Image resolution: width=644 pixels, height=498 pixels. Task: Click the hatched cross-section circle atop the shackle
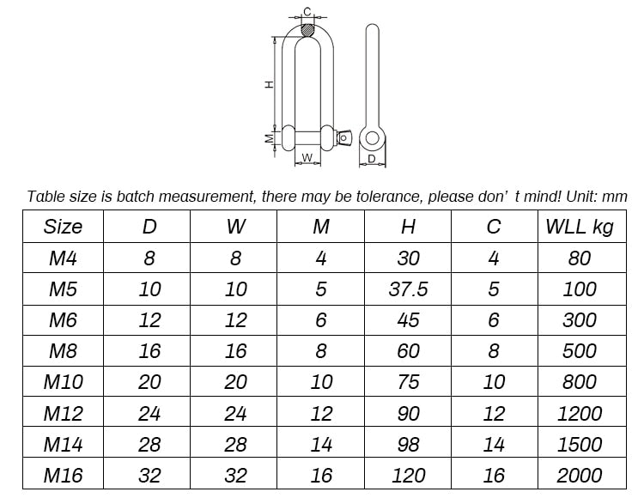307,31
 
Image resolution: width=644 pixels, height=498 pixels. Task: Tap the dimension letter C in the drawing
307,11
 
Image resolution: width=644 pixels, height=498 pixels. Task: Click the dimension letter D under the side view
372,159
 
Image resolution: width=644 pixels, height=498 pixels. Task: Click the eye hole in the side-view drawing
372,137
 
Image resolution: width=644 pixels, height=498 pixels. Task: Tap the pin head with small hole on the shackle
344,137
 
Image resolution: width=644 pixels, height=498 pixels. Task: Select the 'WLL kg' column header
580,227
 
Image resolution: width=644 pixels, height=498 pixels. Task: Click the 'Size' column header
63,227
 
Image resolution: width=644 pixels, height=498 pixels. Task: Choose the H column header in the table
408,227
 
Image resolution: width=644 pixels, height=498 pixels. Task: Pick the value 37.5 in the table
408,289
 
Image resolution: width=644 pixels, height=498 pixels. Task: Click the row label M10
63,382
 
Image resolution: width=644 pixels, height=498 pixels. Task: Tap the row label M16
63,475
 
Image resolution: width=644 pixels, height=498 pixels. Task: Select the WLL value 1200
580,413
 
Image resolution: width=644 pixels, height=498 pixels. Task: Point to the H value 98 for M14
408,444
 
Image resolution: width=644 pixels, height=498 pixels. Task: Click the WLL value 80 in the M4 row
580,258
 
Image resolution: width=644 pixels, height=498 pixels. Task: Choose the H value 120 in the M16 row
408,475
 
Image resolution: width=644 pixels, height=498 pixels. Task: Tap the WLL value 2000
580,475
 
